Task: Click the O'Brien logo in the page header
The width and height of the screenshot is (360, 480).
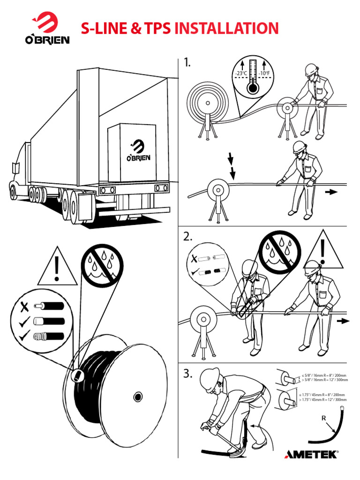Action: pos(47,30)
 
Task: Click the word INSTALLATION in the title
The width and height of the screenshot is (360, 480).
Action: pos(226,29)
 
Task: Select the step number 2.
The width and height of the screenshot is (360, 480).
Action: pos(188,238)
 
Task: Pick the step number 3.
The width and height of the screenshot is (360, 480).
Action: pos(188,374)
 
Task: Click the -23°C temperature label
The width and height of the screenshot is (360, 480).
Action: pos(241,74)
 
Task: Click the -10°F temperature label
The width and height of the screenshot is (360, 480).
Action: pos(264,74)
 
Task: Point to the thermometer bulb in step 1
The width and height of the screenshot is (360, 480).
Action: pos(253,88)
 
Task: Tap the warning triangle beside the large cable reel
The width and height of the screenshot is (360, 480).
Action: pos(56,268)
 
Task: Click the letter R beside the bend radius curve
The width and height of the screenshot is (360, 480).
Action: pos(323,417)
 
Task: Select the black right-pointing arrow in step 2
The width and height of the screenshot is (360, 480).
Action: pos(343,321)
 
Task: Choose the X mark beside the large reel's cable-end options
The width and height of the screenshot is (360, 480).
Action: pos(24,308)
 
